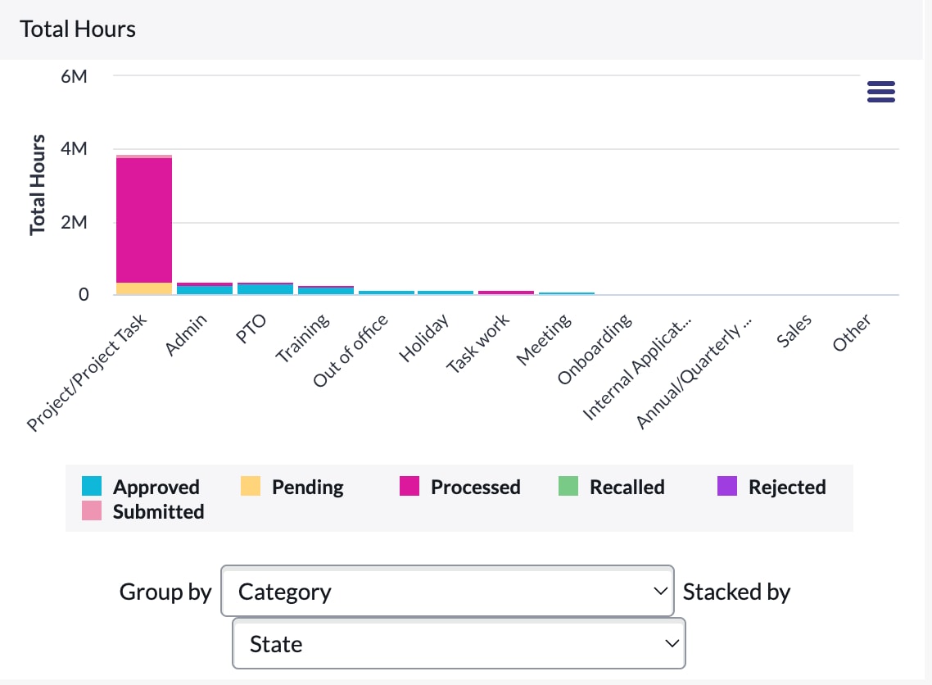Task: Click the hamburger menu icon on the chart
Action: [x=880, y=92]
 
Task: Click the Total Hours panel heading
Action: [x=78, y=29]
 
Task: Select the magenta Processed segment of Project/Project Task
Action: [x=144, y=220]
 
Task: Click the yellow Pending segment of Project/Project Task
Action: [x=144, y=288]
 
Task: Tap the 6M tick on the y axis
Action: [x=74, y=76]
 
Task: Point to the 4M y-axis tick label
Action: [x=74, y=149]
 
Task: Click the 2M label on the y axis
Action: [x=74, y=222]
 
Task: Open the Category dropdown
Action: [x=447, y=592]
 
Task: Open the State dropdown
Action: [x=459, y=644]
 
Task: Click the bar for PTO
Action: [x=265, y=288]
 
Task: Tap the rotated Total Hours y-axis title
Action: [x=37, y=185]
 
